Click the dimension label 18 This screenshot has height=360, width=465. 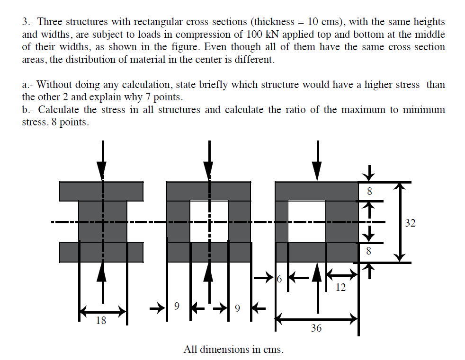[101, 321]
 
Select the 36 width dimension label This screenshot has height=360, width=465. [316, 327]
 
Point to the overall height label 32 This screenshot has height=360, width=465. [410, 223]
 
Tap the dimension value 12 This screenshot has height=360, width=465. [340, 287]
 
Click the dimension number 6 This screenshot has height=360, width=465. [279, 279]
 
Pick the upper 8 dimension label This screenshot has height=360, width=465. [370, 192]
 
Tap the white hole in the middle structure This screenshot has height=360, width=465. [209, 221]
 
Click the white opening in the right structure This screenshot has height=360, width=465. [306, 221]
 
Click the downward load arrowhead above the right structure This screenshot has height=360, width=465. [317, 169]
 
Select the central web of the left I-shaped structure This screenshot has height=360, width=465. [103, 221]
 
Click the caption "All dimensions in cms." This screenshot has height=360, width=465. [233, 350]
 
